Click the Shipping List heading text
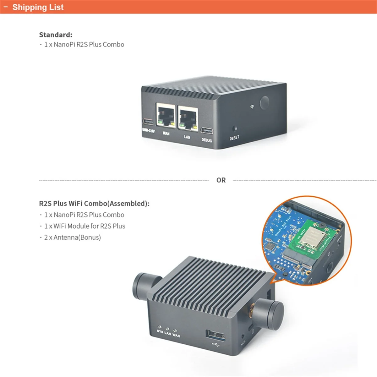(38, 7)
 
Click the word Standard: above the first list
(56, 35)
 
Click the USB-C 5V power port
(148, 122)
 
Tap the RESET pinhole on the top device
(234, 128)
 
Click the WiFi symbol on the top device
(252, 107)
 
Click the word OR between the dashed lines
(221, 180)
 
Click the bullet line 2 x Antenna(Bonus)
(72, 237)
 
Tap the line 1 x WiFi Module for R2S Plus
(85, 226)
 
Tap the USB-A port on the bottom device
(216, 336)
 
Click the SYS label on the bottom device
(160, 331)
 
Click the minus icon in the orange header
(5, 7)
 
